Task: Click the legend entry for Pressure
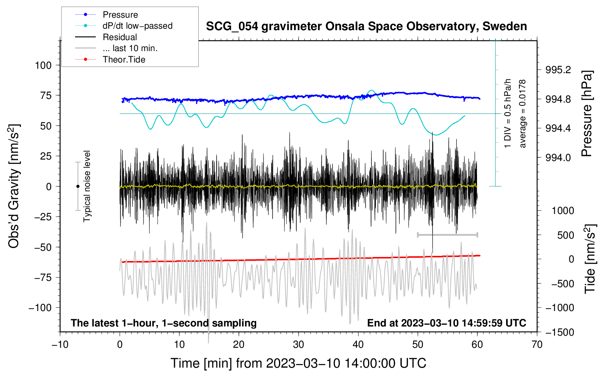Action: (120, 15)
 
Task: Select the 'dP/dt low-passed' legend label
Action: (137, 26)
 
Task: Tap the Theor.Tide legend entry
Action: (124, 60)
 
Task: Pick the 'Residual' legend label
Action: (120, 37)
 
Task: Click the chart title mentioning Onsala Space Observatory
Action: (366, 26)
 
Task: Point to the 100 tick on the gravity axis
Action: (43, 65)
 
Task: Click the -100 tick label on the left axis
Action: (40, 308)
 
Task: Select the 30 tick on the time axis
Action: (299, 344)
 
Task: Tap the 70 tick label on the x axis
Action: (537, 344)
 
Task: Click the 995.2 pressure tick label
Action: (558, 70)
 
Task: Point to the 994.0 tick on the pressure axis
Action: (558, 158)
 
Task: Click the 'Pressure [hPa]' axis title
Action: (587, 114)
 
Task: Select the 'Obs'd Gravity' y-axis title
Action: (14, 186)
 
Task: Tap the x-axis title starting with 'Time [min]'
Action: (299, 363)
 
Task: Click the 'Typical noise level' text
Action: (87, 186)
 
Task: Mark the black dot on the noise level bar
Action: (78, 186)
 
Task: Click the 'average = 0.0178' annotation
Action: (523, 114)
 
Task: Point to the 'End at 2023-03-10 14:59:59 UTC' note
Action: (446, 323)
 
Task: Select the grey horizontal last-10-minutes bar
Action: (447, 235)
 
